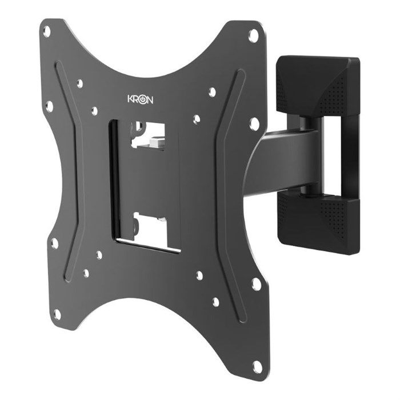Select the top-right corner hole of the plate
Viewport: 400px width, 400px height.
coord(253,35)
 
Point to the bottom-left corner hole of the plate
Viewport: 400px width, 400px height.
coord(57,313)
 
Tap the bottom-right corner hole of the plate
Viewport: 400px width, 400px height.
coord(258,364)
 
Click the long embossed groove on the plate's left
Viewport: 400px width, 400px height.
coord(65,171)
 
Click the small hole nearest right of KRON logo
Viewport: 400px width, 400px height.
coord(212,91)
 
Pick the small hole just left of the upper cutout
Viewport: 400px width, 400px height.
coord(95,110)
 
